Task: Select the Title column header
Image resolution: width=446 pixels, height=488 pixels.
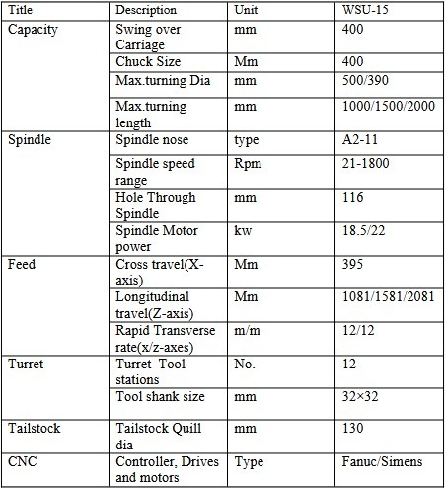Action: click(x=21, y=10)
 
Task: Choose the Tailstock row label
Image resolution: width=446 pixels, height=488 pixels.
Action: click(x=34, y=430)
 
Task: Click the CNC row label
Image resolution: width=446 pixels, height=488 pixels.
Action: click(x=23, y=461)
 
